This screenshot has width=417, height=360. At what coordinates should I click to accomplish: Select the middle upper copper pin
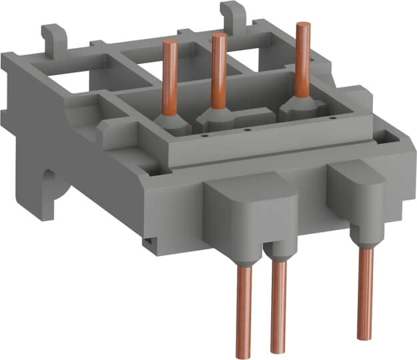pos(216,67)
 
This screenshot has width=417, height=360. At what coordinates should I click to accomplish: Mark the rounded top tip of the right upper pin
pos(302,25)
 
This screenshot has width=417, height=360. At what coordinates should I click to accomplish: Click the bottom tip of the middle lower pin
pos(278,349)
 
